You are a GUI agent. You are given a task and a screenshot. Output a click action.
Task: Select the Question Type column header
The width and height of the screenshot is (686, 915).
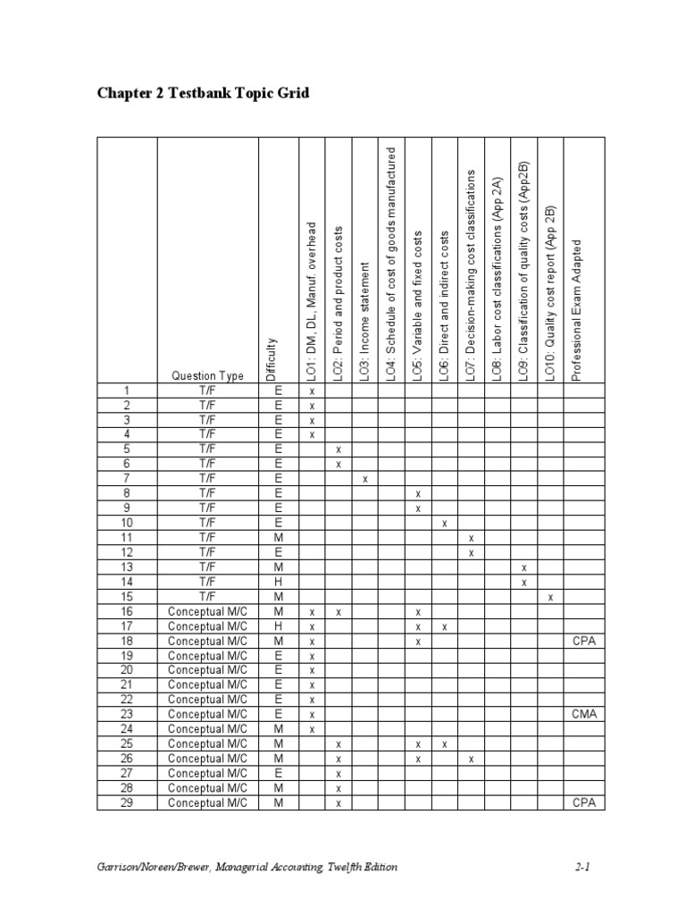207,376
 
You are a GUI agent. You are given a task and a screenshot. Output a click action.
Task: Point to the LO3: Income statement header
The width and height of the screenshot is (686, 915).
364,323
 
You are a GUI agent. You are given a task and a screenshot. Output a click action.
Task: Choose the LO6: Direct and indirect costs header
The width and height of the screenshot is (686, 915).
444,306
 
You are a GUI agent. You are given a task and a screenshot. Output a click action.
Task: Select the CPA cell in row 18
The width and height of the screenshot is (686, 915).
583,641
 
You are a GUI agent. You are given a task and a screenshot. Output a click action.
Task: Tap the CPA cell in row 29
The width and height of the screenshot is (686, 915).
583,802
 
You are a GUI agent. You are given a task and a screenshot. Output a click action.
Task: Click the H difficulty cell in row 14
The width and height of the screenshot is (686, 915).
279,582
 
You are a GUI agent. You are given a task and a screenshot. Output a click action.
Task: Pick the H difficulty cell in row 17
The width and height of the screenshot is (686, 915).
279,626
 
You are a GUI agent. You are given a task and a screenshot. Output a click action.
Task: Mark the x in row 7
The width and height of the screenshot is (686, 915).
364,479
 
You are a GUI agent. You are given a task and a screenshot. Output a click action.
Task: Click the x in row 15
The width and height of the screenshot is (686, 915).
551,597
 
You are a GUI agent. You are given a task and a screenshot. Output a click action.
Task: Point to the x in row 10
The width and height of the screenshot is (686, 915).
444,523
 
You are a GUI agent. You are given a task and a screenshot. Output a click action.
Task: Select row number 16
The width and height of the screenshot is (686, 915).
127,611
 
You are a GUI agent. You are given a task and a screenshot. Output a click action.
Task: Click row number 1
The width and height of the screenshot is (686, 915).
127,390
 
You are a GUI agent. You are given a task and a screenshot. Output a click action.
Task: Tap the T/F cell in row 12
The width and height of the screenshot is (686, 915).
207,552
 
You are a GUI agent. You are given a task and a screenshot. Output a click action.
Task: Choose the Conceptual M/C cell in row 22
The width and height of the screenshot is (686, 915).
207,700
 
